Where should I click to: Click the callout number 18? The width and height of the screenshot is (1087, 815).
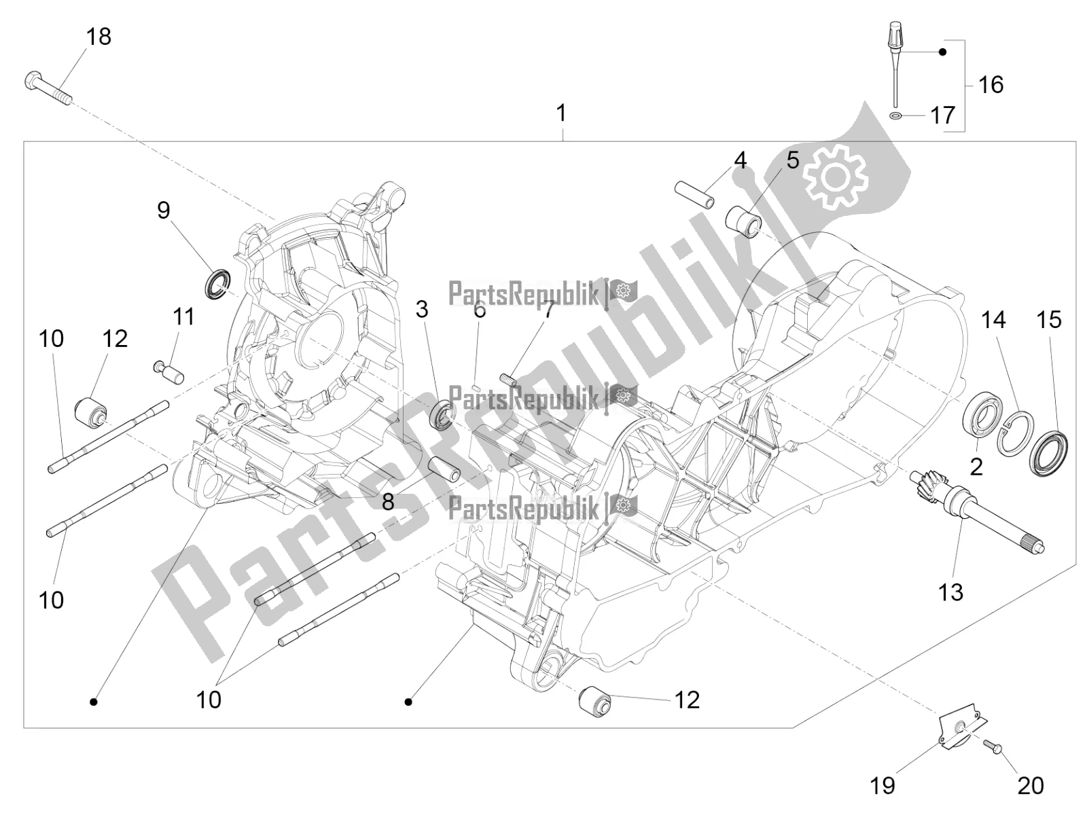tap(99, 37)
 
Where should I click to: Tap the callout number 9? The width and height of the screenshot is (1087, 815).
tap(164, 211)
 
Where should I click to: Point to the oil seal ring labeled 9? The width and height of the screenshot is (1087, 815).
tap(217, 283)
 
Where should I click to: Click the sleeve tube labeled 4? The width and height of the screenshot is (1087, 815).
tap(694, 195)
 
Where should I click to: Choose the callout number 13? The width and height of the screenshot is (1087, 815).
tap(950, 592)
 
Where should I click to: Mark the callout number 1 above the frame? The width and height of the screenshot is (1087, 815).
tap(561, 113)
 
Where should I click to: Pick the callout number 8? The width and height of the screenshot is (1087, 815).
tap(388, 503)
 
